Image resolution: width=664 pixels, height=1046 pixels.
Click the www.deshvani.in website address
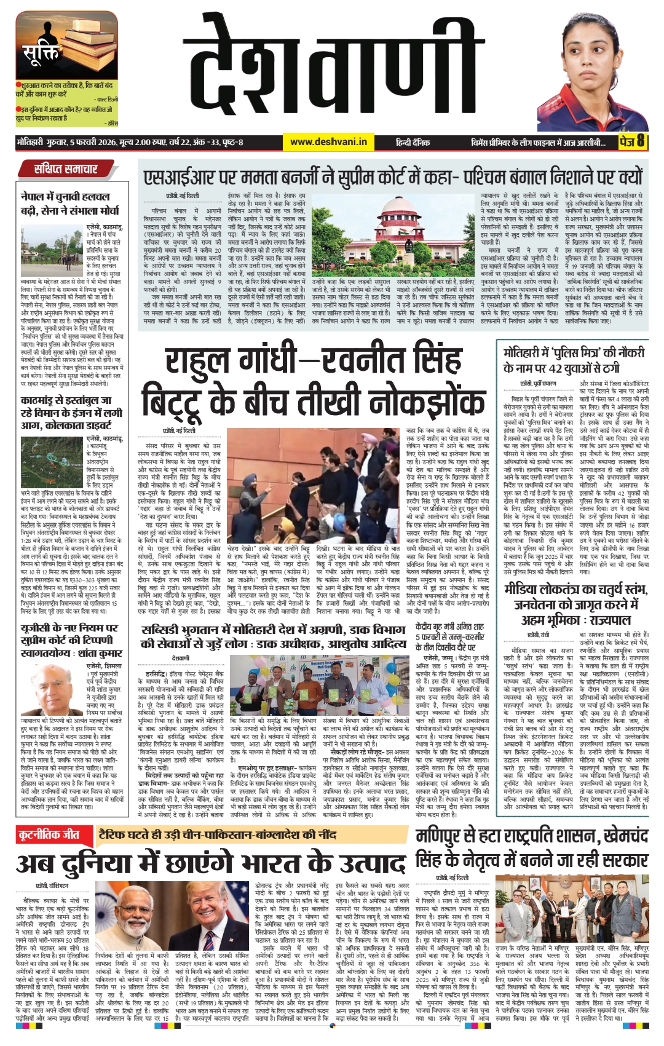pos(328,142)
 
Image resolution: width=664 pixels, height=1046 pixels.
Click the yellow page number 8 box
pos(633,141)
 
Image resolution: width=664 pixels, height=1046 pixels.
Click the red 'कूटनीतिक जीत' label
pos(50,835)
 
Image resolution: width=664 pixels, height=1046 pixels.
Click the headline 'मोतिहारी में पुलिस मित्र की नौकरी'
pos(574,360)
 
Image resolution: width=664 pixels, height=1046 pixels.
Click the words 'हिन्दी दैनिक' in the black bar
pos(413,142)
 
